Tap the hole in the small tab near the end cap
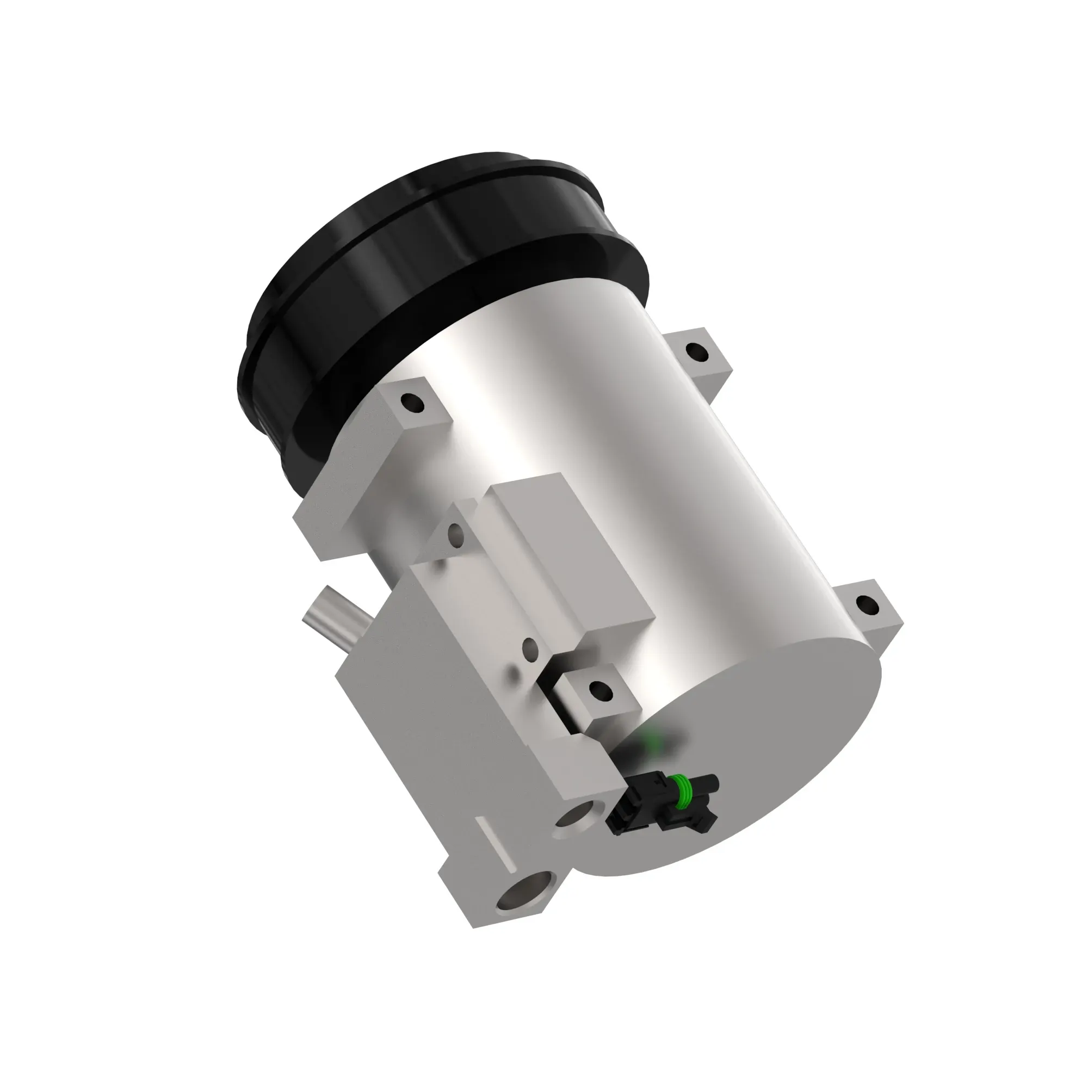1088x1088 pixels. [x=601, y=689]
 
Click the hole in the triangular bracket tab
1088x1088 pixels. [x=456, y=532]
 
